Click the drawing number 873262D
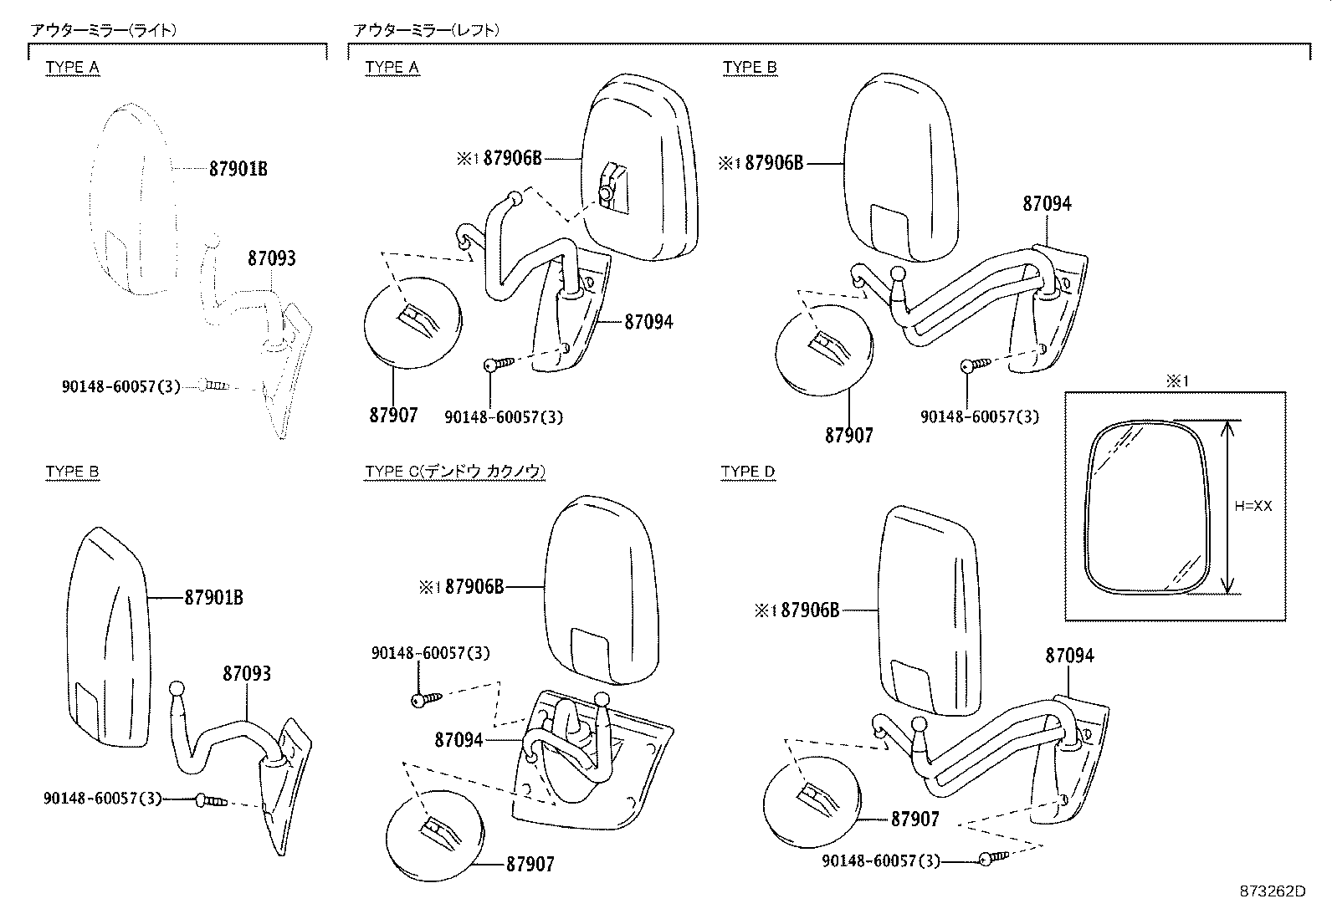[1272, 891]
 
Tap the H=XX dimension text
[1253, 506]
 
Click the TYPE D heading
[748, 472]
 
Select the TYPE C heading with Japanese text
[455, 472]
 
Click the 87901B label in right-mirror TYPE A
[238, 168]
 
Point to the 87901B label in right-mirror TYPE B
[213, 598]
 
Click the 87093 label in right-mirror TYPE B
[247, 673]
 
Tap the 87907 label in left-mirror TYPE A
[393, 415]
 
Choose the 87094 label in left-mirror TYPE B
[1046, 203]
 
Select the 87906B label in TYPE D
[810, 610]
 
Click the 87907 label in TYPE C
[530, 864]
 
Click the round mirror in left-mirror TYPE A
[412, 323]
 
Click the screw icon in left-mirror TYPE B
[976, 365]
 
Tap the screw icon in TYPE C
[424, 698]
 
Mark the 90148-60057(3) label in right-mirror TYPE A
[120, 386]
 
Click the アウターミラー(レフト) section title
[426, 30]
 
